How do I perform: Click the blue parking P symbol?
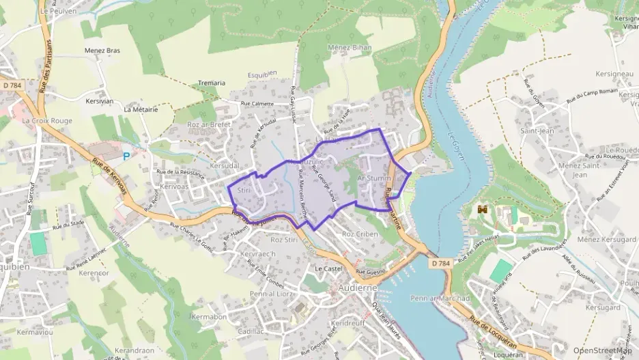(x=126, y=156)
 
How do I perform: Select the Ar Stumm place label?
(x=374, y=178)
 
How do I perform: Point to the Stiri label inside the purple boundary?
(x=244, y=191)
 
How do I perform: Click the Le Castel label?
(x=327, y=269)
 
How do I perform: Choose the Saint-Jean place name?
(x=536, y=130)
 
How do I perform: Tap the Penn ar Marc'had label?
(x=441, y=299)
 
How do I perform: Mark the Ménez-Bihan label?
(x=353, y=47)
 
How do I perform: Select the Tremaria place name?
(x=212, y=83)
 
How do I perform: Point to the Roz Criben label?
(x=359, y=234)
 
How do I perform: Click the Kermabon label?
(x=209, y=317)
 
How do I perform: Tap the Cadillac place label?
(x=250, y=331)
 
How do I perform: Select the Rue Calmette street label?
(x=257, y=104)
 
